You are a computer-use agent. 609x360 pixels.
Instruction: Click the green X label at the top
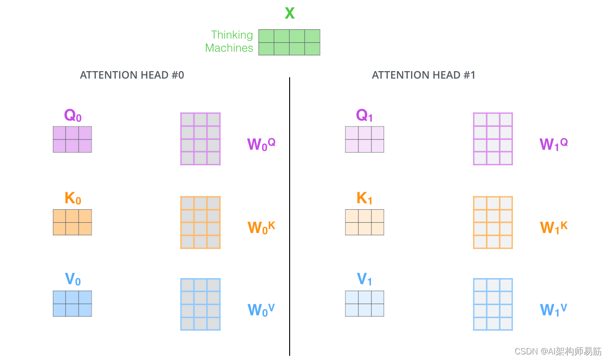pyautogui.click(x=289, y=13)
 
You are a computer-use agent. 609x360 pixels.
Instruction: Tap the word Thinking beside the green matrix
pyautogui.click(x=232, y=35)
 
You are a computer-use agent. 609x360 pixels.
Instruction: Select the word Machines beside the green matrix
pyautogui.click(x=229, y=48)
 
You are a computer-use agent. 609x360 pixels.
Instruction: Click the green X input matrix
pyautogui.click(x=289, y=42)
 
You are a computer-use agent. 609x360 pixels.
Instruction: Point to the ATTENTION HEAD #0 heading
pyautogui.click(x=132, y=75)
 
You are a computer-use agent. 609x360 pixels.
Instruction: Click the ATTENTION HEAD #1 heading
pyautogui.click(x=424, y=75)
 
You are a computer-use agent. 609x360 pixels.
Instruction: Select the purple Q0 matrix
pyautogui.click(x=72, y=139)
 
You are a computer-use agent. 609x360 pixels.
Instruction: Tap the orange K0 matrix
pyautogui.click(x=72, y=222)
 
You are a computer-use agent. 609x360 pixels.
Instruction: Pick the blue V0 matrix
pyautogui.click(x=72, y=303)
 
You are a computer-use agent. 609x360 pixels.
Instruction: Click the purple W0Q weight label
pyautogui.click(x=261, y=144)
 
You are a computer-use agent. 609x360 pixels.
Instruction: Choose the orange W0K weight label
pyautogui.click(x=261, y=227)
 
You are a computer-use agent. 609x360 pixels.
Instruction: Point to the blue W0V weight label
pyautogui.click(x=261, y=309)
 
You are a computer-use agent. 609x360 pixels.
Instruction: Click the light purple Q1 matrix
pyautogui.click(x=364, y=139)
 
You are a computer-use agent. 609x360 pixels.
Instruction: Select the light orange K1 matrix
pyautogui.click(x=364, y=222)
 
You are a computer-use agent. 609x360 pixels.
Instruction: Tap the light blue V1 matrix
pyautogui.click(x=364, y=303)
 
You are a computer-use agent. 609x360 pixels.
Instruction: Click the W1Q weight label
pyautogui.click(x=554, y=144)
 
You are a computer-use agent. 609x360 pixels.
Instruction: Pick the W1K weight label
pyautogui.click(x=554, y=227)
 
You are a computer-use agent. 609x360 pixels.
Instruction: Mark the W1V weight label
pyautogui.click(x=554, y=309)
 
